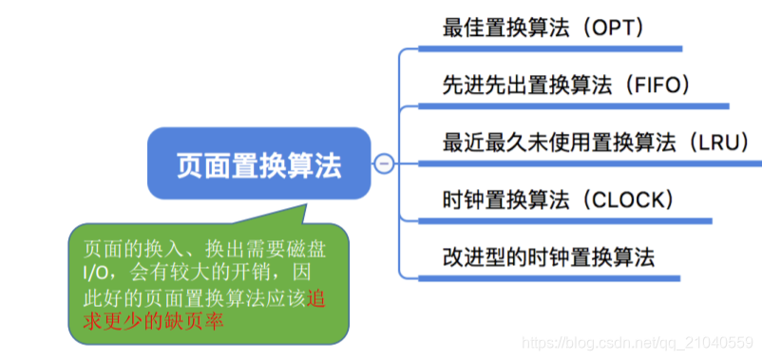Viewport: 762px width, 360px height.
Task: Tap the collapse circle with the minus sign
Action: [384, 164]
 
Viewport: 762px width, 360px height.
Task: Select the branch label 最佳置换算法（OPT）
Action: [544, 28]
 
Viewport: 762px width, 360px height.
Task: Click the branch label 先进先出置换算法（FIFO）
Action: [566, 85]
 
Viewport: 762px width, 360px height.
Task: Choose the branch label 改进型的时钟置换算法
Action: [549, 256]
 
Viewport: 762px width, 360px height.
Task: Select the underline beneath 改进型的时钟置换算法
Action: [558, 278]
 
